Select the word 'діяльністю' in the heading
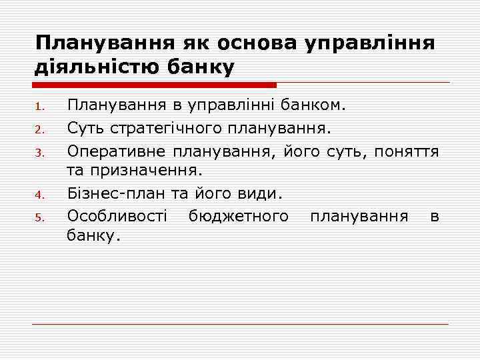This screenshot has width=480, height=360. point(87,67)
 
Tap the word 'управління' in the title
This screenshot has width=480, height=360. point(369,43)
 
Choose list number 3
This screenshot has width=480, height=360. point(39,152)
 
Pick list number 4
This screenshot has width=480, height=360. point(39,196)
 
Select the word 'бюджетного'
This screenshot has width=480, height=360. point(238,216)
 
